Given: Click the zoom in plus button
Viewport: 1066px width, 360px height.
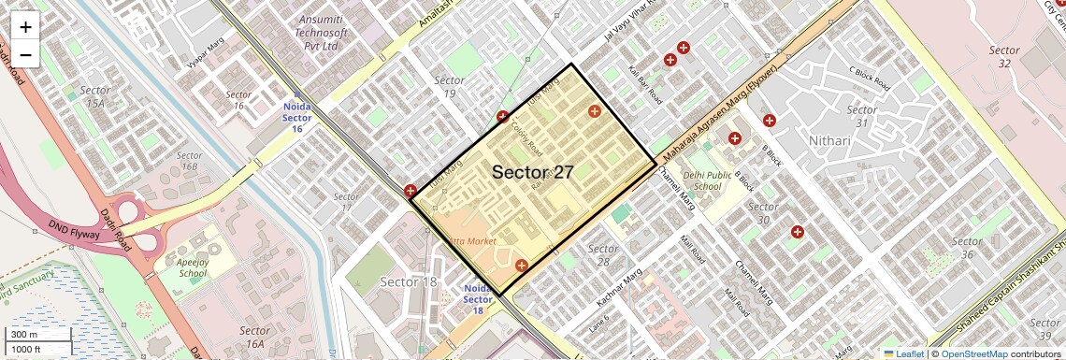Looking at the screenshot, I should pos(25,26).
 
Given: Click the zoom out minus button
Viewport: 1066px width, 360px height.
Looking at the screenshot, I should pos(25,54).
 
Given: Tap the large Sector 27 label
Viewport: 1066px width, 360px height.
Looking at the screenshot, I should pos(532,172).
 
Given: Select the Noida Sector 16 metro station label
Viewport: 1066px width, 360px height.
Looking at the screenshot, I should pos(296,118).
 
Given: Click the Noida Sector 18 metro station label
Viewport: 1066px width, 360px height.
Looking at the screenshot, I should pos(478,299).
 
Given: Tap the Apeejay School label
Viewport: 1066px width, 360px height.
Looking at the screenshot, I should pos(193,269).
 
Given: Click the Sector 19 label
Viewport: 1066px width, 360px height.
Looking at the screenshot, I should pos(450,87).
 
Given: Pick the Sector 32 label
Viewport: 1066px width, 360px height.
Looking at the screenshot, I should pos(1004,56).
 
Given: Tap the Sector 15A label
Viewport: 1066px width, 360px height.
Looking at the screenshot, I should pos(95,96).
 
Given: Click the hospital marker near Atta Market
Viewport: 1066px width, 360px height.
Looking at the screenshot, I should pos(522,266).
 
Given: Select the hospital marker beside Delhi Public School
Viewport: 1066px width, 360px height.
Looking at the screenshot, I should pos(735,138).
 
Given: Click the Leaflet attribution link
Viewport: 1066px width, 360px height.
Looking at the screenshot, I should pos(903,353).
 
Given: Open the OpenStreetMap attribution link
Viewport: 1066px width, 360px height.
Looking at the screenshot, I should pos(973,353).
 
